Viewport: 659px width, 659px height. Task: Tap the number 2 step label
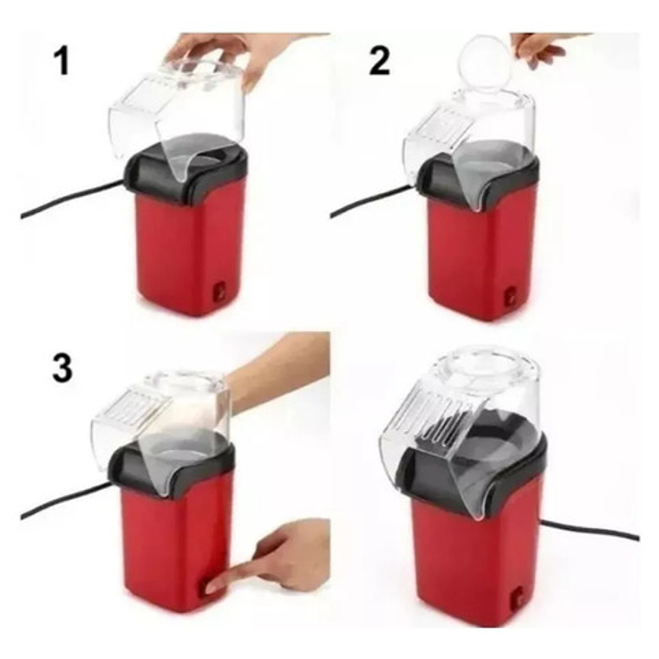(379, 62)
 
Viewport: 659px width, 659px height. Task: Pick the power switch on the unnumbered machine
(519, 597)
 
